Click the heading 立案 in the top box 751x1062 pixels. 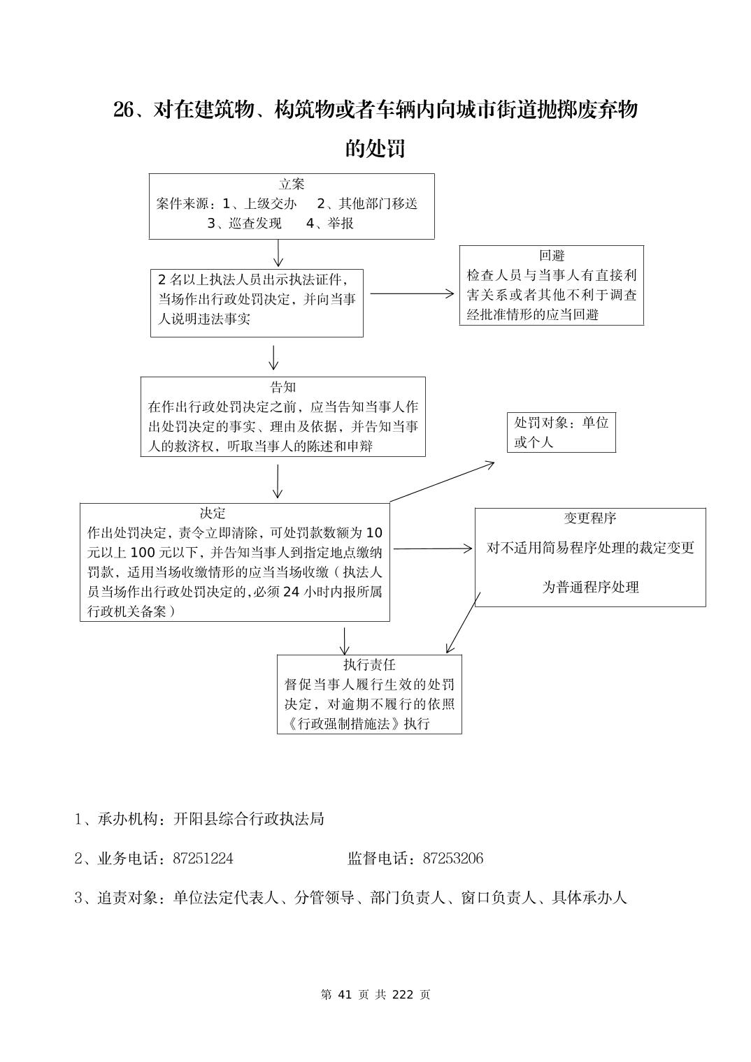click(292, 184)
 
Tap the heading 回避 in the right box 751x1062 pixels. click(551, 256)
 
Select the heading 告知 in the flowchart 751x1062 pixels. click(283, 387)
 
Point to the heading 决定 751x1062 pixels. click(213, 514)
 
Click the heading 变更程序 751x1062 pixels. click(590, 518)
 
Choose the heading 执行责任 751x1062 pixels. click(369, 664)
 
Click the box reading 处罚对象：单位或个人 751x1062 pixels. click(562, 432)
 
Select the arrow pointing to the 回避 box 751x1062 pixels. click(412, 294)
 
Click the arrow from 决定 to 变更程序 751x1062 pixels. click(432, 549)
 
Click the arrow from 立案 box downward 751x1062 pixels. click(278, 253)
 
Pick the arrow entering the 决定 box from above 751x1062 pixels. click(278, 481)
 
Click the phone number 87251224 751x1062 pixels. click(203, 859)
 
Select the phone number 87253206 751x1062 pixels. click(453, 859)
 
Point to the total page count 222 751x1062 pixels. click(403, 995)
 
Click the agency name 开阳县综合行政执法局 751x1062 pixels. click(249, 819)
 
